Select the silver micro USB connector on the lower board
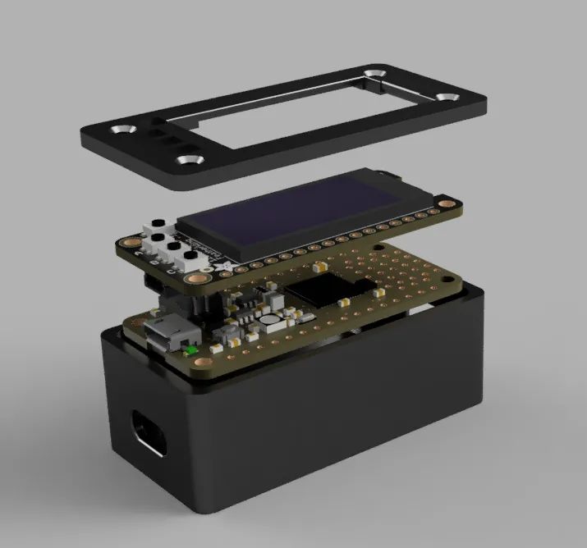tap(168, 331)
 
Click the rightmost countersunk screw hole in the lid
tap(447, 97)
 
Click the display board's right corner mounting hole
tap(445, 202)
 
